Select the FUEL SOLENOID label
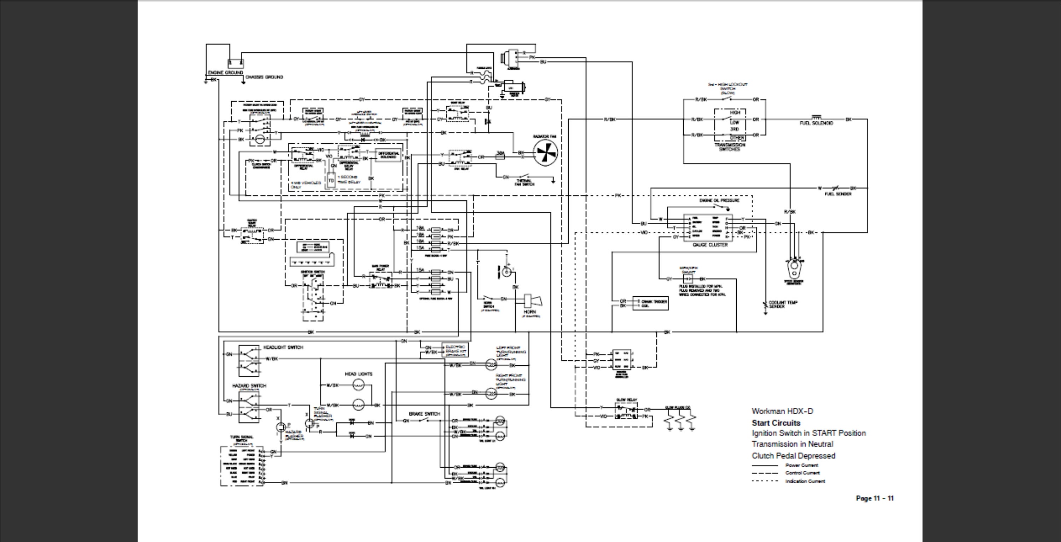coord(816,123)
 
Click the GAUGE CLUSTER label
coord(710,245)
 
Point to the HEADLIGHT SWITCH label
coord(283,347)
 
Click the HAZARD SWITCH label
coord(249,386)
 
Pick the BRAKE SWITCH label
coord(424,413)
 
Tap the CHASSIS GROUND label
coord(264,77)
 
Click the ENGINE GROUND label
coord(225,73)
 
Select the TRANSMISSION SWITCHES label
coord(729,147)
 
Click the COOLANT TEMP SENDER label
coord(783,304)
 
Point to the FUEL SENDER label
coord(838,194)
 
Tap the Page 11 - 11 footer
coord(874,498)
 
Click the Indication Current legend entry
coord(805,481)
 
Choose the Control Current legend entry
coord(802,473)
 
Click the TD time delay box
coord(331,180)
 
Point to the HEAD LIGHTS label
coord(358,374)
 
